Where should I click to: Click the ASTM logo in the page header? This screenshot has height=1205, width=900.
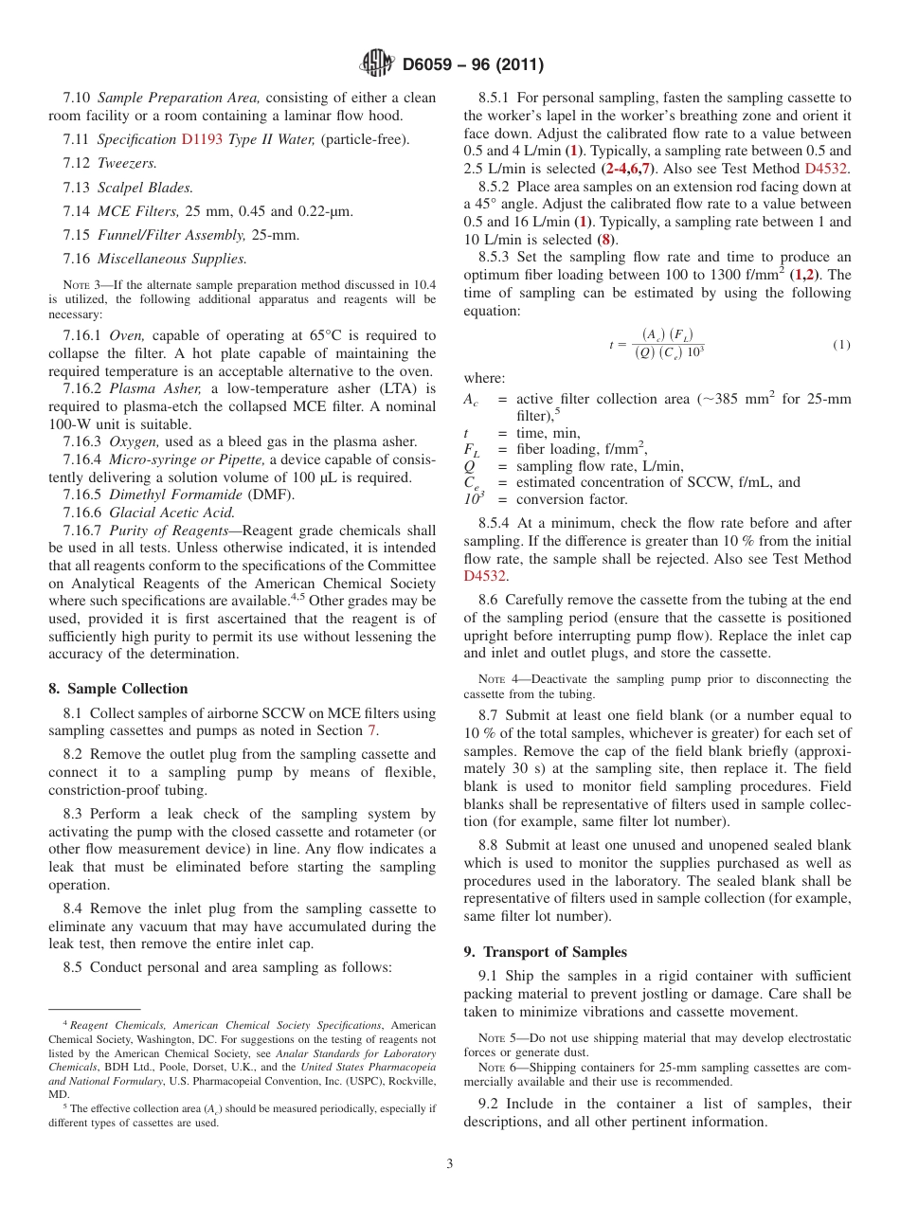tap(376, 64)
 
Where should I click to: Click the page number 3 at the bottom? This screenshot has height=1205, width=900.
tap(450, 1164)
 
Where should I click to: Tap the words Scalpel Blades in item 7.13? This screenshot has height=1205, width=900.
tap(145, 188)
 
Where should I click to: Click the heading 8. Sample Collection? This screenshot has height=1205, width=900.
tap(118, 689)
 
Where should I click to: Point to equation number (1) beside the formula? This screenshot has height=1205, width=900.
tap(841, 345)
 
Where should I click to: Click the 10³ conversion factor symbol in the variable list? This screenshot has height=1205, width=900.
tap(473, 498)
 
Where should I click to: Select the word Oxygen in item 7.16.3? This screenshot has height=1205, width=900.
tap(131, 441)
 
